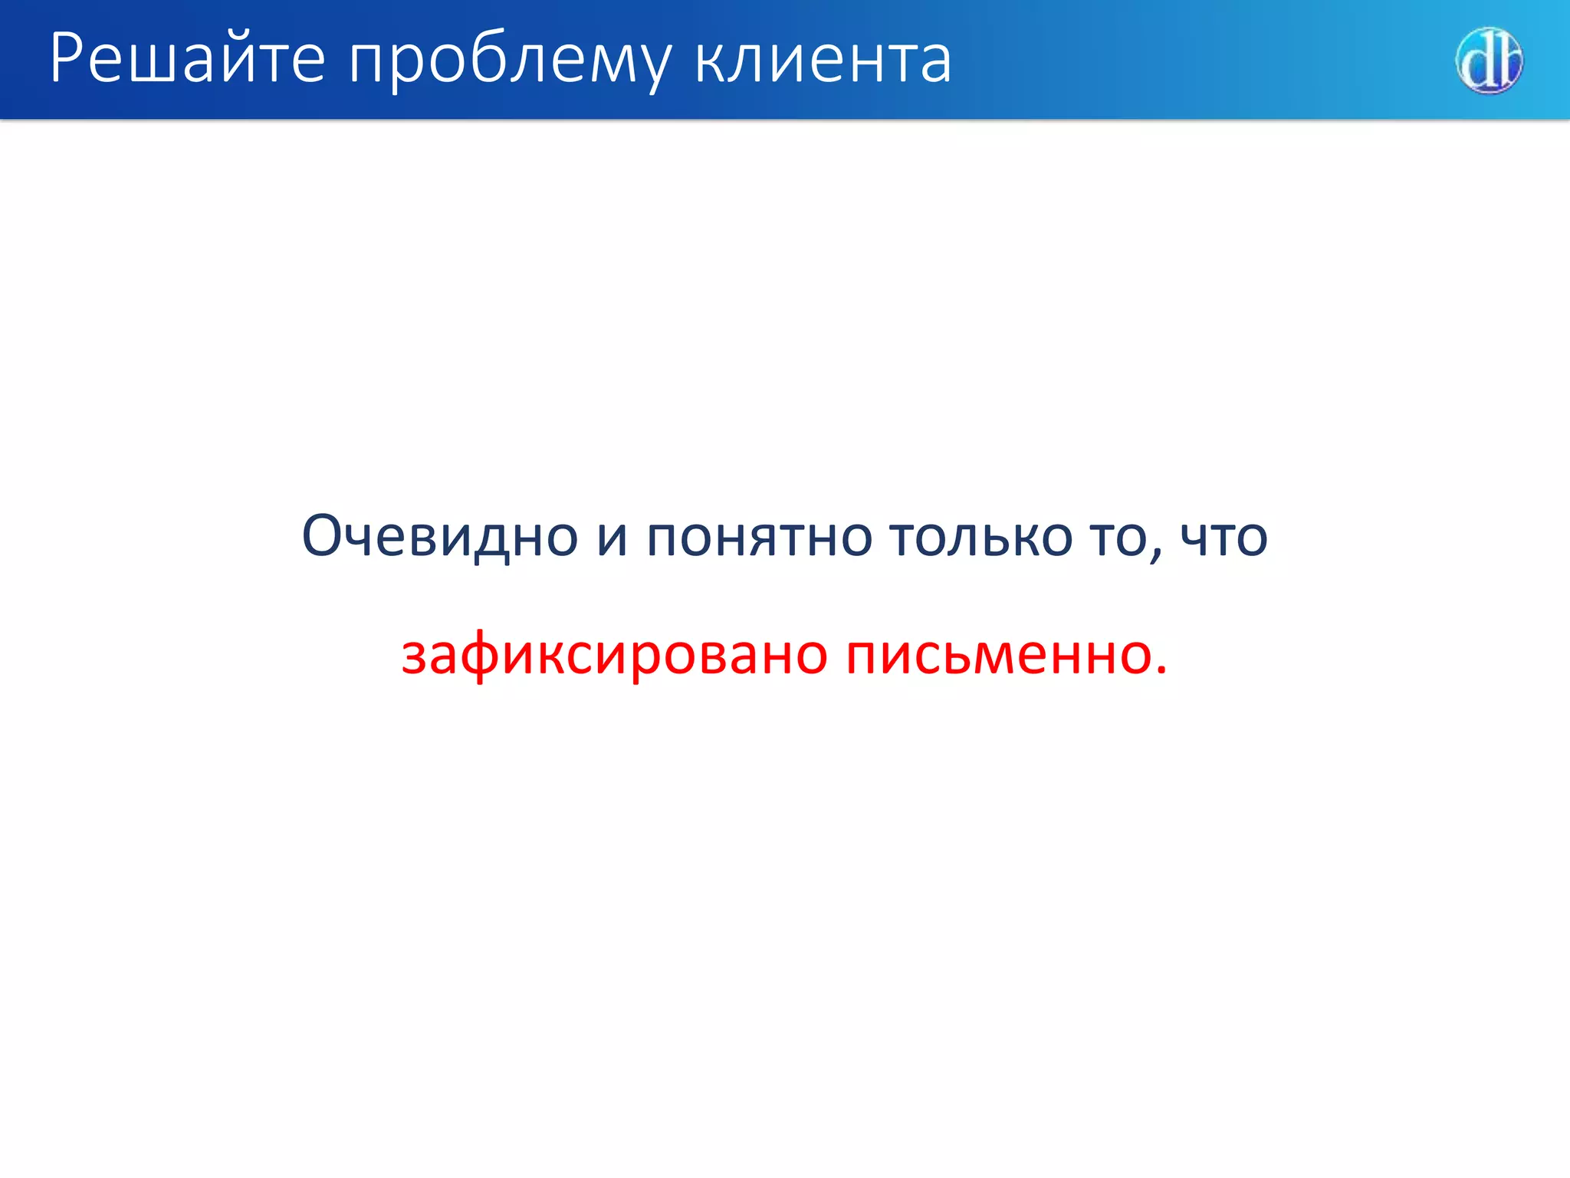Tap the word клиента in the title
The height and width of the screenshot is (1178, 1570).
pyautogui.click(x=823, y=60)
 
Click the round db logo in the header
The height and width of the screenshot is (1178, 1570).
pyautogui.click(x=1488, y=61)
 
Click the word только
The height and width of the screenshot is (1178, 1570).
pyautogui.click(x=980, y=537)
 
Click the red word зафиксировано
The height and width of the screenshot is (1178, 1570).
pyautogui.click(x=614, y=656)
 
